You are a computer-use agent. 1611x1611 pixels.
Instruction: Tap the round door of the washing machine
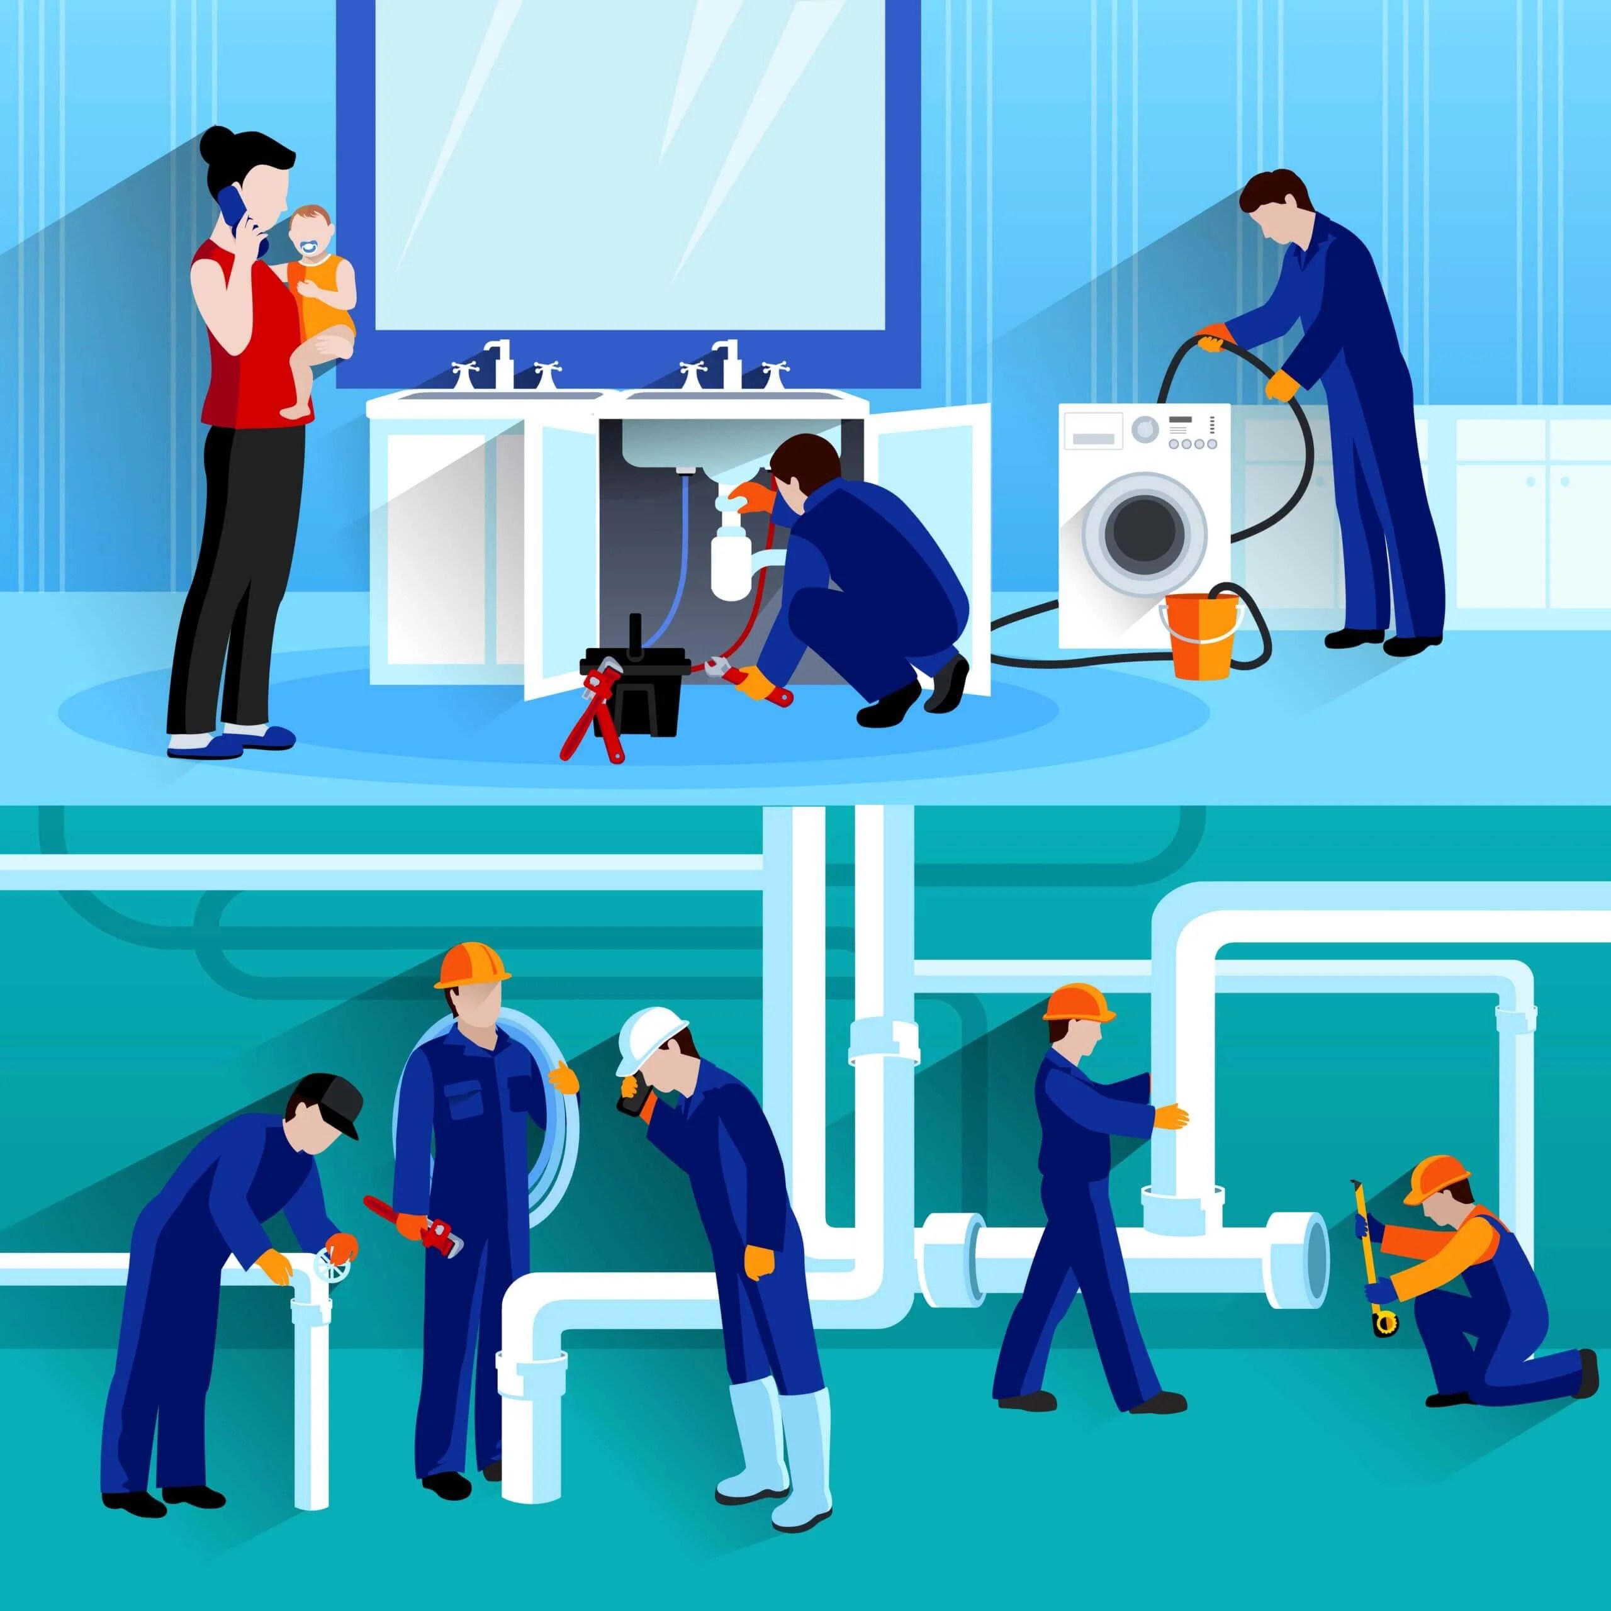pos(1144,531)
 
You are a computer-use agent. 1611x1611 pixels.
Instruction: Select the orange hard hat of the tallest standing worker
pos(472,965)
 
